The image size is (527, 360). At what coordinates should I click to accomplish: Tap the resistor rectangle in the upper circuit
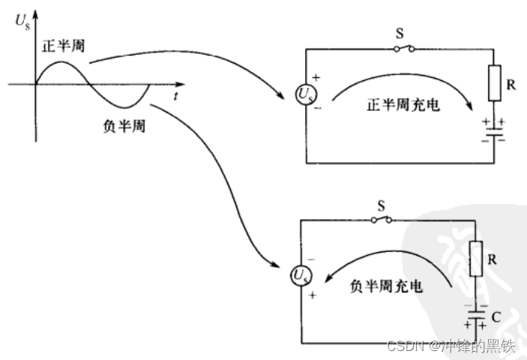[x=494, y=83]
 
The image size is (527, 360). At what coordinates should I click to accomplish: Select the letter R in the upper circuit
[x=511, y=85]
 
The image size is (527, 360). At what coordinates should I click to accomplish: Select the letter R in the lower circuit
[x=493, y=259]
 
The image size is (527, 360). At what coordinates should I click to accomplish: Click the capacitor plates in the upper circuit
[x=494, y=133]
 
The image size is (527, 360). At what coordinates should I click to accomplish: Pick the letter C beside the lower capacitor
[x=496, y=317]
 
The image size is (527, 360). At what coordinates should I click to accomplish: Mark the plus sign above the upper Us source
[x=316, y=77]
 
